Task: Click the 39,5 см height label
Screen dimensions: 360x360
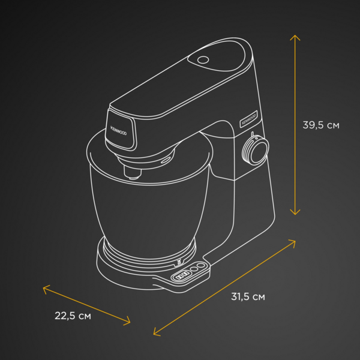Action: tap(321, 125)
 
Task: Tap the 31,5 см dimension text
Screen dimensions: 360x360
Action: tap(248, 296)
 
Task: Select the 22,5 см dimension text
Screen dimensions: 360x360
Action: tap(73, 316)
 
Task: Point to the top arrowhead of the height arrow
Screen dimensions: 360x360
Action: tap(295, 37)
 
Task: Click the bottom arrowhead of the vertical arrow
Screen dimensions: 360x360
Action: tap(295, 212)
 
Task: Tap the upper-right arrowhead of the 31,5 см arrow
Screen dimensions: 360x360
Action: tap(293, 242)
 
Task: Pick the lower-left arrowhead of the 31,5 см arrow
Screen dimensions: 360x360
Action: tap(156, 332)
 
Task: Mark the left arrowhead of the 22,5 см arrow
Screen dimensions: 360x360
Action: tap(45, 289)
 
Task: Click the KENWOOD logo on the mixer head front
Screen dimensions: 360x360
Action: tap(118, 130)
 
